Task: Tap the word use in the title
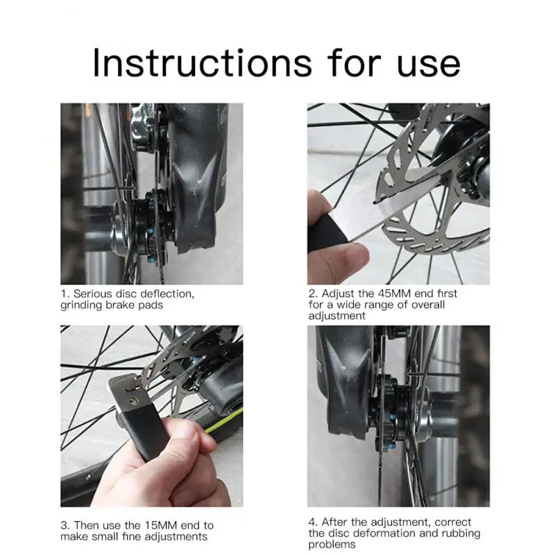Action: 429,65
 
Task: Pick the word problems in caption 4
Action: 332,545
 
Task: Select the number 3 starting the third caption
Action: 64,525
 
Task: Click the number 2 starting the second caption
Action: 312,293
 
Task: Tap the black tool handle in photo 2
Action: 325,230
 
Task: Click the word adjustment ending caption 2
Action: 336,316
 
